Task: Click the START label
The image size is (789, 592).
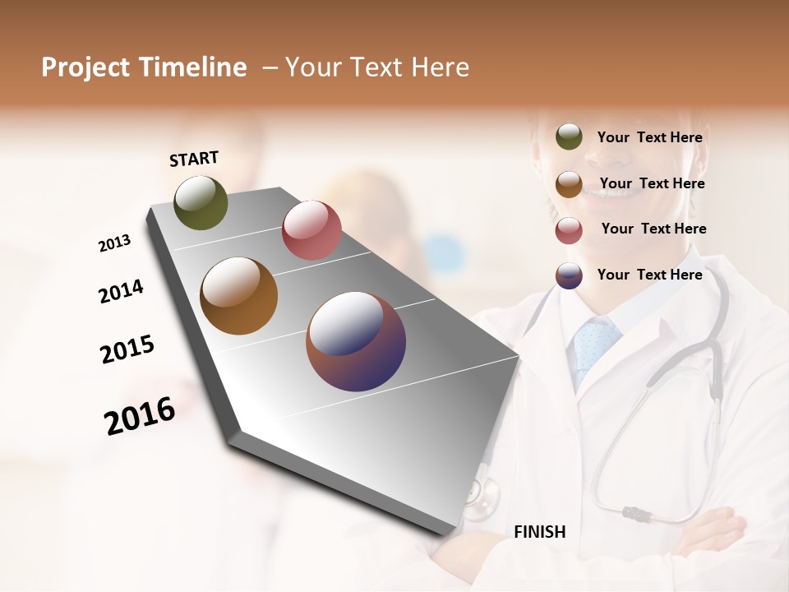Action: tap(194, 159)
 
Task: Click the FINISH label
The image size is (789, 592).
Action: tap(539, 532)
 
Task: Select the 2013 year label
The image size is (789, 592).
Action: tap(114, 243)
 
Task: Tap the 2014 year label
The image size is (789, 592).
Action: tap(121, 291)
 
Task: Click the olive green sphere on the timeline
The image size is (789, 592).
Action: tap(201, 203)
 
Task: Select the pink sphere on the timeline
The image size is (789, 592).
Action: tap(311, 230)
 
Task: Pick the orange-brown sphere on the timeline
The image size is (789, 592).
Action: tap(239, 296)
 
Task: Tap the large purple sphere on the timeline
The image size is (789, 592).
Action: tap(356, 341)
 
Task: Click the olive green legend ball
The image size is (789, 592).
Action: tap(569, 137)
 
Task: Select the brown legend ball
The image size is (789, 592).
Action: tap(569, 184)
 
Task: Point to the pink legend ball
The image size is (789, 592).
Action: tap(569, 230)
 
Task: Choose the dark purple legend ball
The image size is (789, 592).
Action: tap(569, 275)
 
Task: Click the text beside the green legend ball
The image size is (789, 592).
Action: tap(649, 137)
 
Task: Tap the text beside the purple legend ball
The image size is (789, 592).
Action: tap(649, 275)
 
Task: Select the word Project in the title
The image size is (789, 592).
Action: tap(83, 67)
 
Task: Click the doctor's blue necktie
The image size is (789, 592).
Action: tap(593, 345)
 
